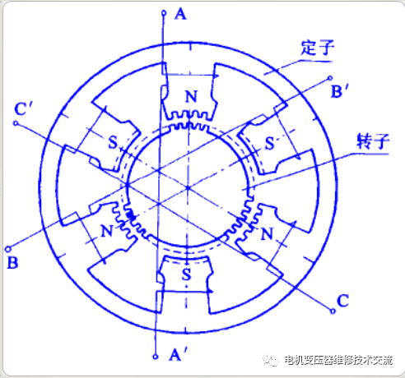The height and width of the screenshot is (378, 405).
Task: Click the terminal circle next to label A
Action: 164,12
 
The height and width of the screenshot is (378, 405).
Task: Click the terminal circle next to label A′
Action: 156,357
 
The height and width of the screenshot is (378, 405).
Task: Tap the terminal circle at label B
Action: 8,249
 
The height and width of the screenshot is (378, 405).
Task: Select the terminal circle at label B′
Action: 330,78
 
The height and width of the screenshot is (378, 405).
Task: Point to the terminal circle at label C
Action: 333,311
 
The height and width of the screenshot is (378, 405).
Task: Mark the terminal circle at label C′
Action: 16,123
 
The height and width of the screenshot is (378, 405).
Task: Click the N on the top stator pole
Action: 191,96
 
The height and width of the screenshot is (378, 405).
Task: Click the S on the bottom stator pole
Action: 186,274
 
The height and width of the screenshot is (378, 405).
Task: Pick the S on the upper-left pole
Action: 113,142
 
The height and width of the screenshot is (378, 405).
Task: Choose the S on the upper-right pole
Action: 270,143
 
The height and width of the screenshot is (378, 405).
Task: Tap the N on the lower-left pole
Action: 107,231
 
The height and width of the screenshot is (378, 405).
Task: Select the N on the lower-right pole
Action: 267,234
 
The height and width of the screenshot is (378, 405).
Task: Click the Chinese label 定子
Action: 318,48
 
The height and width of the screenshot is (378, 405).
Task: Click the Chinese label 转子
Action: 373,141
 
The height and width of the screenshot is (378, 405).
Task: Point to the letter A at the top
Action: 180,14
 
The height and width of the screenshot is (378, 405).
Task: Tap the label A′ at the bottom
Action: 179,354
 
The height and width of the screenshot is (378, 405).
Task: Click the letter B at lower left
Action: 12,262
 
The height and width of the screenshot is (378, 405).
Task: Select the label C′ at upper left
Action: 23,109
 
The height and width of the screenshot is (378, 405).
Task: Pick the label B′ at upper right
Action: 340,91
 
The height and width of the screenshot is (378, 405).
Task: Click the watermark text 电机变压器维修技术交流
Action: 338,360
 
